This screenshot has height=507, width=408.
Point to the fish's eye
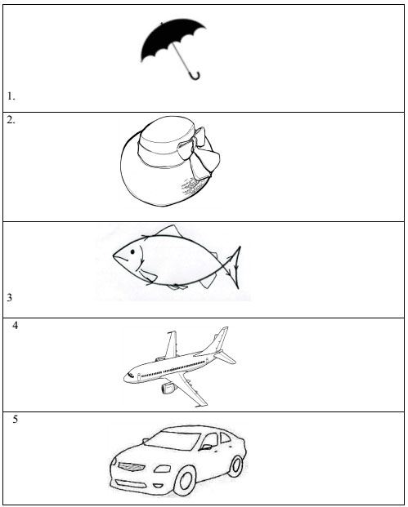point(132,251)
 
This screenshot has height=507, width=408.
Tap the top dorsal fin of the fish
point(168,231)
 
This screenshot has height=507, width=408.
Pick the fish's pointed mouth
point(117,256)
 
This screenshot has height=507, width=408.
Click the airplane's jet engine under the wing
point(168,388)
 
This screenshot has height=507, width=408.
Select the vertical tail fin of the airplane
point(217,340)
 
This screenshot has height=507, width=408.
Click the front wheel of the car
point(185,481)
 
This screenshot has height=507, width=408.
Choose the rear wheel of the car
point(236,466)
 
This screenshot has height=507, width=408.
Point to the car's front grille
point(132,466)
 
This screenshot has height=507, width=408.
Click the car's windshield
point(173,440)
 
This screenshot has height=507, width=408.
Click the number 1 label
point(11,96)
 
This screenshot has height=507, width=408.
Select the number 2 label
point(11,120)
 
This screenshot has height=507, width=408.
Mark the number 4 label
point(16,326)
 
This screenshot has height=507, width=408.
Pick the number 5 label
point(16,420)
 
